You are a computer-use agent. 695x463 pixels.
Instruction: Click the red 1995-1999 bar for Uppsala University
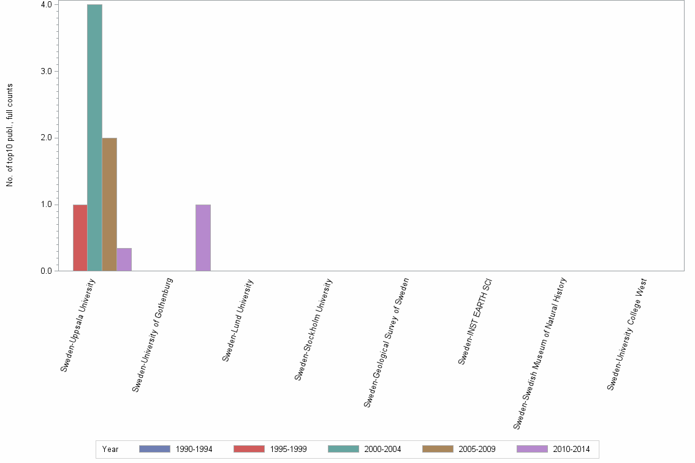coord(80,238)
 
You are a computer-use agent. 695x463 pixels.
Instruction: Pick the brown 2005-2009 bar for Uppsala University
coord(109,204)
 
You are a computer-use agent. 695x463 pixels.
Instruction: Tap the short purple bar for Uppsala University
coord(124,259)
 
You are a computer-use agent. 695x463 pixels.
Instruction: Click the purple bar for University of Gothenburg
coord(203,238)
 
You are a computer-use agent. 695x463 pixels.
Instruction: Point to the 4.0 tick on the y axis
coord(47,5)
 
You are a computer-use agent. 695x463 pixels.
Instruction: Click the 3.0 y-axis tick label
coord(47,71)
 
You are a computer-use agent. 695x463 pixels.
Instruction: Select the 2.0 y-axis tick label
coord(47,138)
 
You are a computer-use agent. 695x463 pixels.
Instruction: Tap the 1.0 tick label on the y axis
coord(47,205)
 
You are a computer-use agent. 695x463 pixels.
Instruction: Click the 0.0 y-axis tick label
coord(47,271)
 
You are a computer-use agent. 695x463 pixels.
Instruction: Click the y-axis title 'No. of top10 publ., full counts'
coord(10,135)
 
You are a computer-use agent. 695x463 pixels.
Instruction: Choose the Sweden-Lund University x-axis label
coord(237,320)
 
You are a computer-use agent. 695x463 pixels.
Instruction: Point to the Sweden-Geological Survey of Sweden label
coord(386,342)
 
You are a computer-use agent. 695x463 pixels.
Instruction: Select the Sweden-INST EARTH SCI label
coord(475,322)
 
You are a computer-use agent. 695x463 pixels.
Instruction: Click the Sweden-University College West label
coord(627,334)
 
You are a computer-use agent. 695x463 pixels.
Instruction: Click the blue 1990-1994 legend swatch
coord(154,449)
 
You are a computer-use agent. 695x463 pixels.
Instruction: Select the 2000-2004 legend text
coord(382,450)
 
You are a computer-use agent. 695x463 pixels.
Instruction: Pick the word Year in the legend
coord(110,450)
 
